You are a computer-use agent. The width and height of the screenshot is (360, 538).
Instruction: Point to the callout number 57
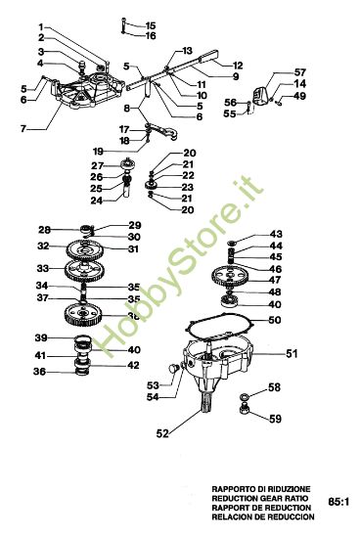(299, 72)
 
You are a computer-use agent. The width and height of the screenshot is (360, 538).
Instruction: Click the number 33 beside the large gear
(43, 267)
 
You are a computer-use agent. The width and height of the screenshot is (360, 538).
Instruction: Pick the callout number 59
(276, 420)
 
